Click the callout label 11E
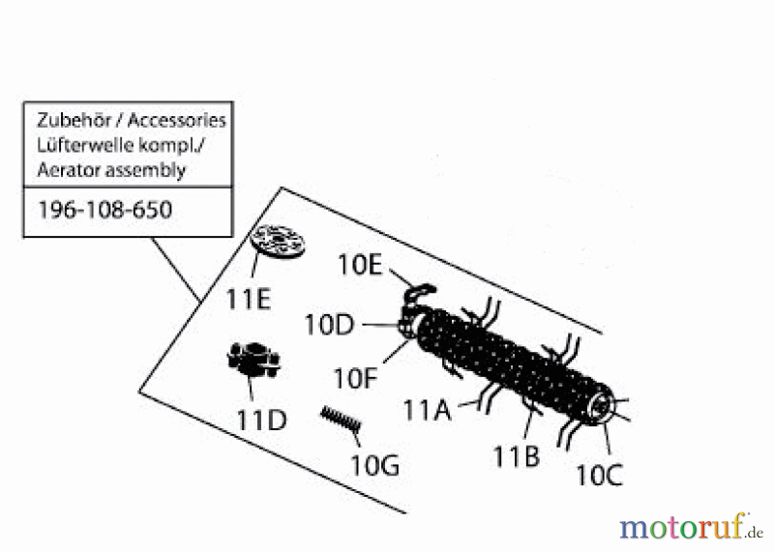[249, 299]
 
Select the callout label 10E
[360, 264]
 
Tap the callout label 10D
[330, 325]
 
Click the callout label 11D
[261, 421]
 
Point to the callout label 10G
[374, 465]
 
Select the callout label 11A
[428, 411]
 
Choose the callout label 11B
[515, 455]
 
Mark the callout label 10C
[600, 475]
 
